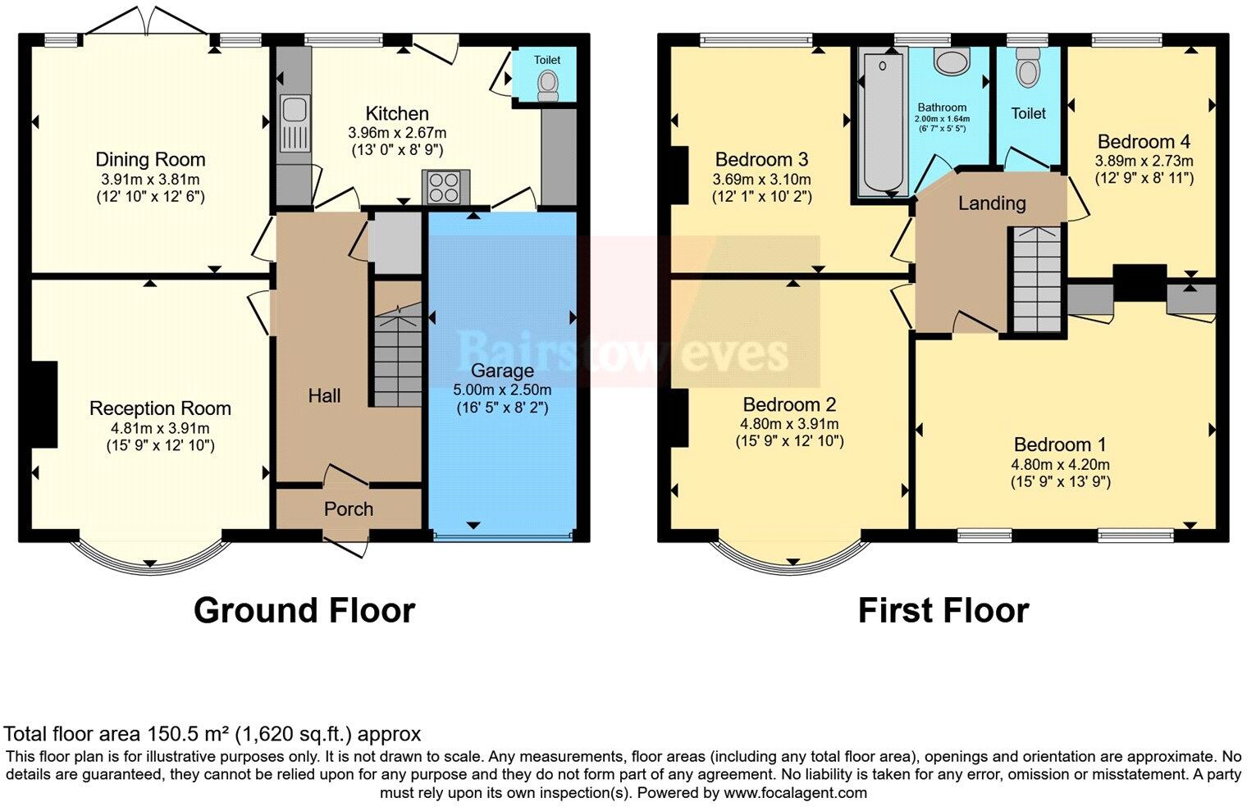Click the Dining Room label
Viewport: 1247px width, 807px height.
pos(150,160)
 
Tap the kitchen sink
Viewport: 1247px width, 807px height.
pos(293,124)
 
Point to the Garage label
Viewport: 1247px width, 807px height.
pos(502,371)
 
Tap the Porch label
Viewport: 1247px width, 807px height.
pos(349,509)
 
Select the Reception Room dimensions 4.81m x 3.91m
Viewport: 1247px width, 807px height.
pos(160,428)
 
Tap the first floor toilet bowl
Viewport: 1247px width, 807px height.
pos(1026,71)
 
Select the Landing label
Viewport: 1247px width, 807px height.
pos(992,203)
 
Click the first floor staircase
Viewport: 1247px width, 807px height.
pos(1035,279)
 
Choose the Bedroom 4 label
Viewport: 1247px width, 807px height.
pos(1144,142)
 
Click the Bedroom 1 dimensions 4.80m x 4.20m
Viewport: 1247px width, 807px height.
pos(1060,464)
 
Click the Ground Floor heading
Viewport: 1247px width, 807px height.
pos(304,611)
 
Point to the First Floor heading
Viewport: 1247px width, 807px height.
pos(943,611)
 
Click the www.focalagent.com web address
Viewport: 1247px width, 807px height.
pos(795,793)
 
